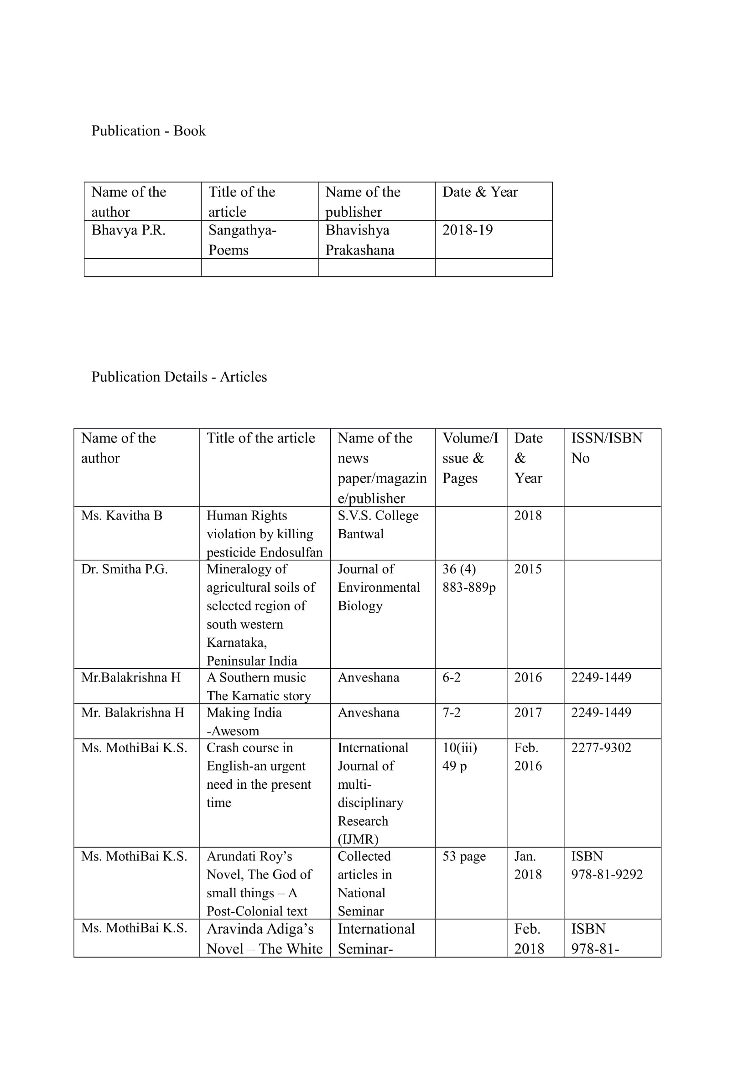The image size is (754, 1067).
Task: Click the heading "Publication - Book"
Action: pyautogui.click(x=148, y=130)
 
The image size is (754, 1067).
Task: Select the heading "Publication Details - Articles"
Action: pyautogui.click(x=179, y=376)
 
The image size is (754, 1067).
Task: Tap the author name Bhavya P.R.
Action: pyautogui.click(x=128, y=230)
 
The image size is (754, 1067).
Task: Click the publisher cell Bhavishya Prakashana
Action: pyautogui.click(x=359, y=240)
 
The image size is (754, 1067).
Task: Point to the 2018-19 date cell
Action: pyautogui.click(x=468, y=230)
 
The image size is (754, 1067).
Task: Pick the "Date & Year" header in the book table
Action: pyautogui.click(x=480, y=192)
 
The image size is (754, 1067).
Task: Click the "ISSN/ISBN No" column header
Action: pyautogui.click(x=606, y=448)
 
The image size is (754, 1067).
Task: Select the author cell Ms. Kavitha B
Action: pyautogui.click(x=122, y=515)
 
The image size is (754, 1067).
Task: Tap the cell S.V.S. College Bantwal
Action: pyautogui.click(x=378, y=524)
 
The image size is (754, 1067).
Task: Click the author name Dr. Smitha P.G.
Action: pyautogui.click(x=124, y=569)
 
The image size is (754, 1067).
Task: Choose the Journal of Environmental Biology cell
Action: pyautogui.click(x=378, y=587)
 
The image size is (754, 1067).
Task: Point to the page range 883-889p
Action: pyautogui.click(x=469, y=588)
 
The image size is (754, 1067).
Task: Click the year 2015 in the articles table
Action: pyautogui.click(x=528, y=569)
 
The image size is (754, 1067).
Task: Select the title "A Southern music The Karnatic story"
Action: pyautogui.click(x=258, y=686)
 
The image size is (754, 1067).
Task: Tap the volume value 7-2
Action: pyautogui.click(x=451, y=713)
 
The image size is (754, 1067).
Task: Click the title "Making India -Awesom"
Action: pyautogui.click(x=244, y=721)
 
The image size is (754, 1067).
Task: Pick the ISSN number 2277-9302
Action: pyautogui.click(x=601, y=748)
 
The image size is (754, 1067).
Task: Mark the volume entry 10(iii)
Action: pyautogui.click(x=459, y=748)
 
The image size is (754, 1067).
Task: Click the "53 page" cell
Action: pyautogui.click(x=463, y=856)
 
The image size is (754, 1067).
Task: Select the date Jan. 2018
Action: pyautogui.click(x=528, y=865)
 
